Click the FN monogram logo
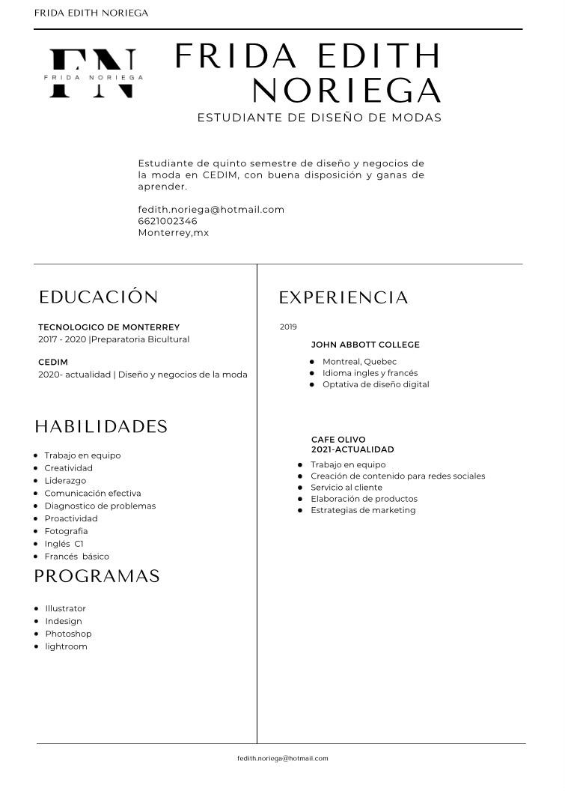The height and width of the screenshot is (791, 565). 93,73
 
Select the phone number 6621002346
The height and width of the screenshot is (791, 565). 168,221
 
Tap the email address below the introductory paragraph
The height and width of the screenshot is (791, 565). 211,210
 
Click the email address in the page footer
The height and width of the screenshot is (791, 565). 282,758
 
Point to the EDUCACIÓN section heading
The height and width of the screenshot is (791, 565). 99,297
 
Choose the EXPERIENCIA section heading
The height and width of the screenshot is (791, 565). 343,298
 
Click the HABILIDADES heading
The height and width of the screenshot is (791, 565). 101,427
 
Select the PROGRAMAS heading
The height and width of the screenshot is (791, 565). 97,576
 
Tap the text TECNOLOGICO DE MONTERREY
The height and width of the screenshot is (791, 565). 109,327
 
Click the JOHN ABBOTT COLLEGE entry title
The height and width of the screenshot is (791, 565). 365,345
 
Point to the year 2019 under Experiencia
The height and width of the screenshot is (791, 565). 288,327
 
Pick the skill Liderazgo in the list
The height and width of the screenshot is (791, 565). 65,481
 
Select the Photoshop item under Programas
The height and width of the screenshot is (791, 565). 68,634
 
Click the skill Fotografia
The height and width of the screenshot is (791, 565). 66,531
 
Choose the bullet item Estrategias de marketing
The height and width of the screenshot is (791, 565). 363,510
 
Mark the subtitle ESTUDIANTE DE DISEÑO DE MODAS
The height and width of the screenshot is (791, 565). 320,118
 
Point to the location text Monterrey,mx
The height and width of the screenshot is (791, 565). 174,233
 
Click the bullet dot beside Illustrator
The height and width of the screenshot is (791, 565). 37,608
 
